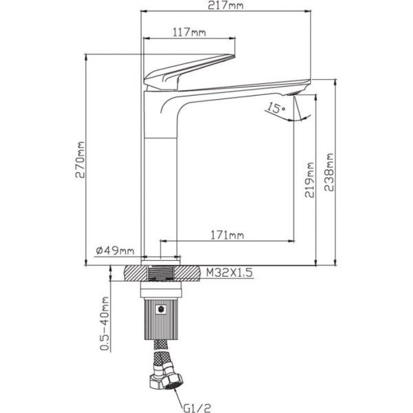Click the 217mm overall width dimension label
coord(226,6)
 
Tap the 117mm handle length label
coord(189,32)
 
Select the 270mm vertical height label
coord(80,160)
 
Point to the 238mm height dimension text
coord(329,172)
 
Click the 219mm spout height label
coord(310,180)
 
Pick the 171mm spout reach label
coord(227,235)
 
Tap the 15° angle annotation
coord(276,107)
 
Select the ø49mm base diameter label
coord(115,251)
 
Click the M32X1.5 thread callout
coord(229,273)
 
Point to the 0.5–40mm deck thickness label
coord(105,324)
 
